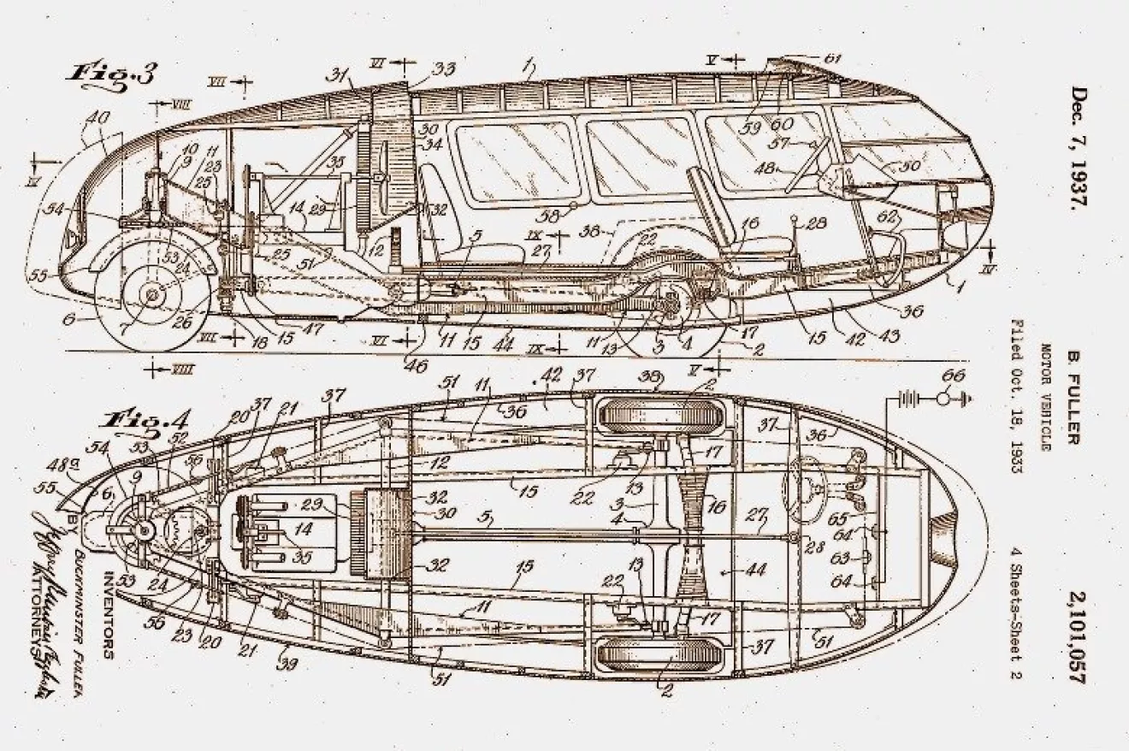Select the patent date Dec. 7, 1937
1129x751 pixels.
click(x=1079, y=148)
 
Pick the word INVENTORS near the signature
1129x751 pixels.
click(x=109, y=611)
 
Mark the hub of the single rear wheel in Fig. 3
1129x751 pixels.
click(x=154, y=294)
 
